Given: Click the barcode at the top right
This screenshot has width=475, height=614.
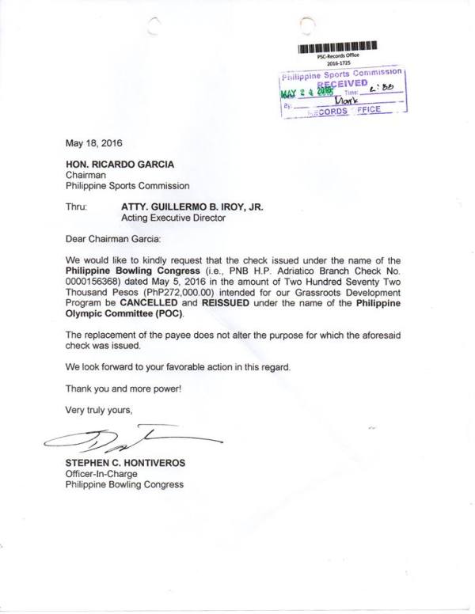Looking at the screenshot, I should [338, 47].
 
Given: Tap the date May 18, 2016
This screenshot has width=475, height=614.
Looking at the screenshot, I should [93, 143].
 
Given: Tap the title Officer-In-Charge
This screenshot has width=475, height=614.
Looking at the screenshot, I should [105, 473].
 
